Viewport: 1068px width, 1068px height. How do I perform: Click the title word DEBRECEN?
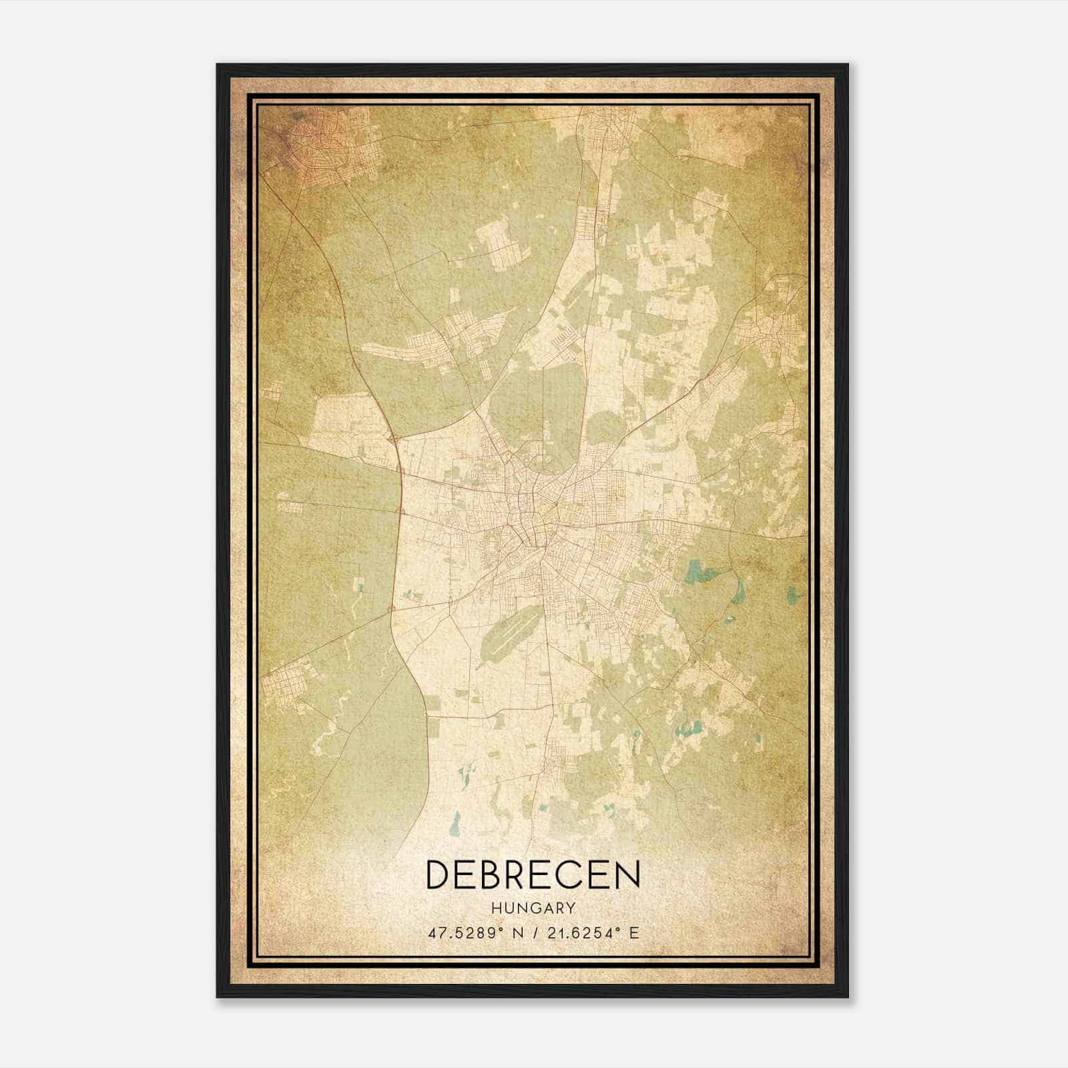[x=533, y=874]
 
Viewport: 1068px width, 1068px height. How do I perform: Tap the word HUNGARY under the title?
[x=533, y=908]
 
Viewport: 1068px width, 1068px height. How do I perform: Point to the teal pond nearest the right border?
[x=792, y=593]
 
